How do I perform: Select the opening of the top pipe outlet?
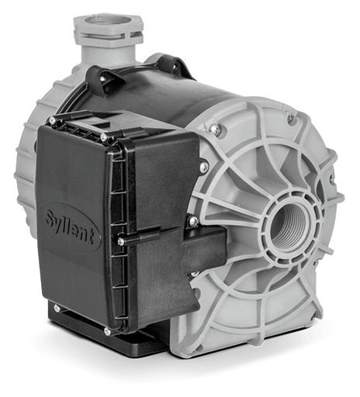pyautogui.click(x=108, y=19)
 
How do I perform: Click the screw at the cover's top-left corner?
pyautogui.click(x=53, y=119)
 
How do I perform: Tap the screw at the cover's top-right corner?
pyautogui.click(x=104, y=138)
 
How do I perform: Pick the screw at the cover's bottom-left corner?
pyautogui.click(x=57, y=307)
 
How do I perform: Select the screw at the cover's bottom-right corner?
pyautogui.click(x=107, y=331)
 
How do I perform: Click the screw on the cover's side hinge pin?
pyautogui.click(x=120, y=242)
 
